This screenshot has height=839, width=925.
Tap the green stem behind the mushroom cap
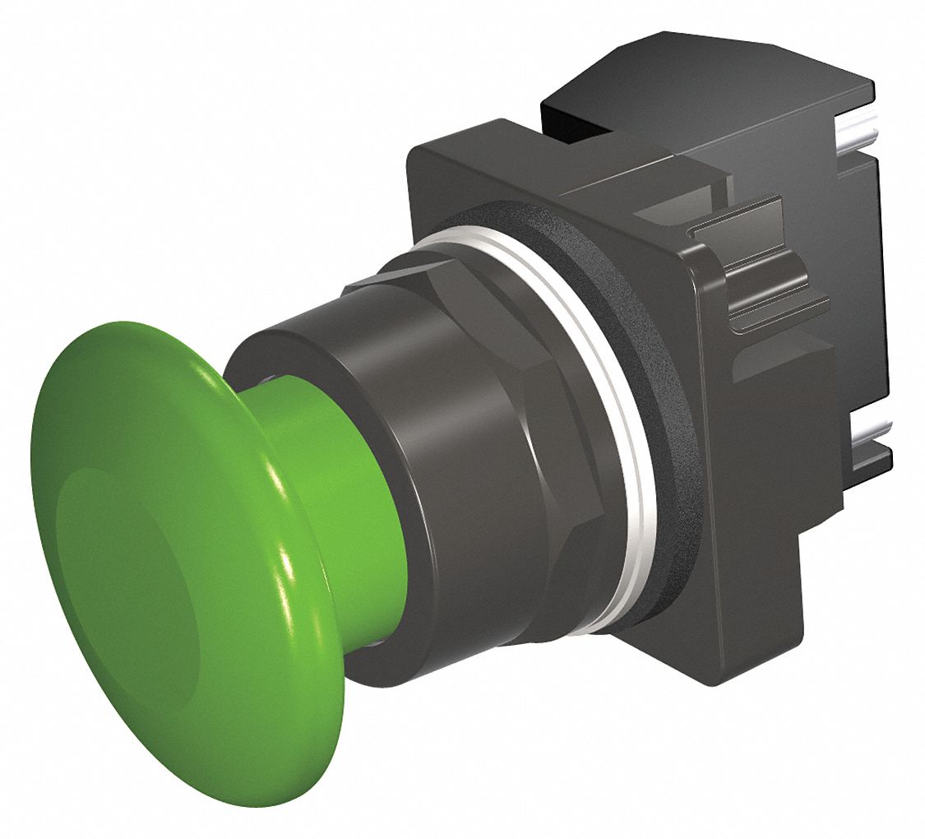coord(345,510)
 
